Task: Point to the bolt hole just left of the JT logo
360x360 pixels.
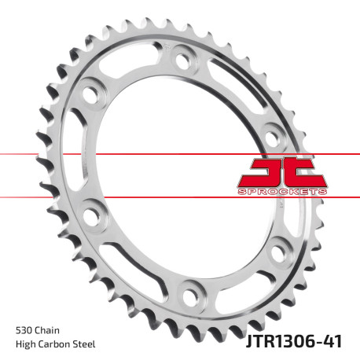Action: point(272,130)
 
